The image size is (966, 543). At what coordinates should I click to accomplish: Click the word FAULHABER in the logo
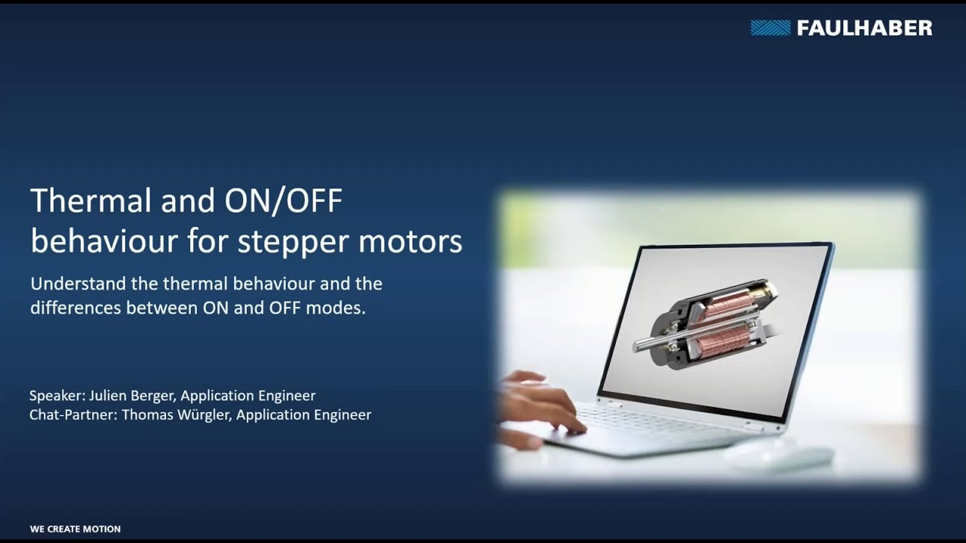[864, 28]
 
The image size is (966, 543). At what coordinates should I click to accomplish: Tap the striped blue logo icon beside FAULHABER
[771, 28]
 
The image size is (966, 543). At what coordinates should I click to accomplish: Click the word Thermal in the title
[92, 201]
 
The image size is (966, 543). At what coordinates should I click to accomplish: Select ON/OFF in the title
[283, 201]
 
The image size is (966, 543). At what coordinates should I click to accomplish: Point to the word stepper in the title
[293, 242]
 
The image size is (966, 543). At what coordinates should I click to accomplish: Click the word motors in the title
[410, 241]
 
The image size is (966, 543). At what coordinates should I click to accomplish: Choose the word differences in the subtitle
[75, 308]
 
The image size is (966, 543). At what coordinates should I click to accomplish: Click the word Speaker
[57, 396]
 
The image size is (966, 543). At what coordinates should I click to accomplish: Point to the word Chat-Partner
[73, 415]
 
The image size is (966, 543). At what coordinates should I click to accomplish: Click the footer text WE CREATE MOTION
[75, 529]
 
